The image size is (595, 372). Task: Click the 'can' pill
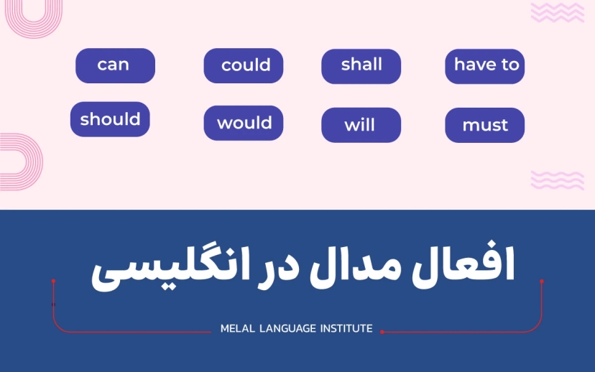[x=115, y=65]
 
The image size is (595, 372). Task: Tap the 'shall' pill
[x=361, y=65]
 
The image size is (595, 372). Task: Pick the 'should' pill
[x=110, y=119]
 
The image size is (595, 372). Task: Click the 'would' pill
[x=244, y=123]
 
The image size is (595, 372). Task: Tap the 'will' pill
[x=361, y=125]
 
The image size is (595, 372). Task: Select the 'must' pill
[x=485, y=126]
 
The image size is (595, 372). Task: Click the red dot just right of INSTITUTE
[x=382, y=332]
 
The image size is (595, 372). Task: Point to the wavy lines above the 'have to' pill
[x=557, y=12]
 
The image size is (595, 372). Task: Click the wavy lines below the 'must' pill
[x=557, y=180]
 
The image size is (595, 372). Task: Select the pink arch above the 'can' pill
[x=32, y=18]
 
